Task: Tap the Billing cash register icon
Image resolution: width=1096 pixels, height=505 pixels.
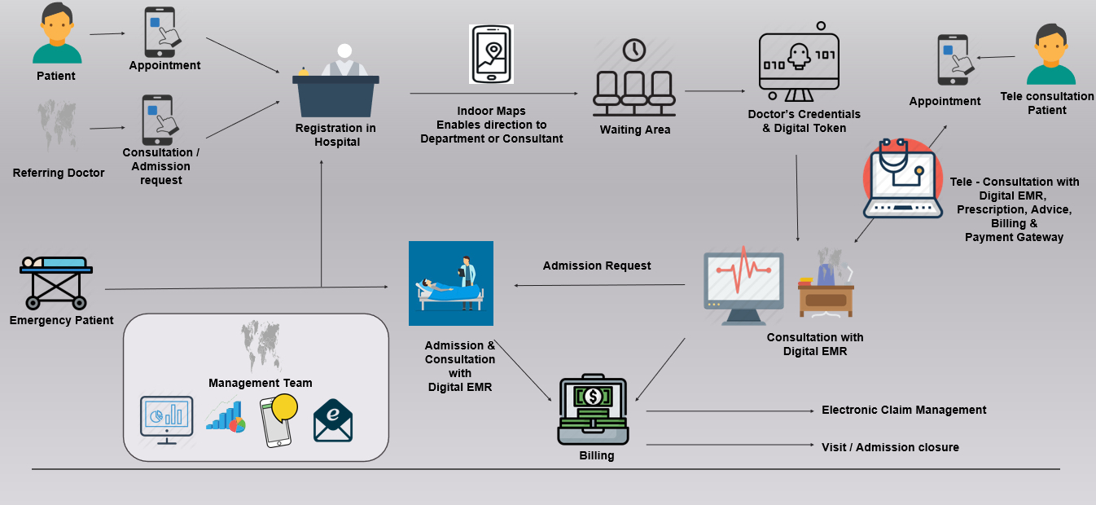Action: tap(593, 411)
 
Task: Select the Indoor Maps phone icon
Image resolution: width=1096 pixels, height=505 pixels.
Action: tap(491, 54)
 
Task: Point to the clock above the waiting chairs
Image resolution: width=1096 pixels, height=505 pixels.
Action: tap(633, 50)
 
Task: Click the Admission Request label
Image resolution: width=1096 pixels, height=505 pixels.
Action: tap(597, 266)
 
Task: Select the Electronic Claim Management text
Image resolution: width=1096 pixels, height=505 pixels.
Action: tap(904, 410)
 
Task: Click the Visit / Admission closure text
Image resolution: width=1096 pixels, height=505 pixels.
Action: tap(890, 447)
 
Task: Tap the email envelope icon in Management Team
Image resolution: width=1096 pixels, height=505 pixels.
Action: tap(333, 419)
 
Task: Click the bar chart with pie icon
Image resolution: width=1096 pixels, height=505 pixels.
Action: tap(226, 416)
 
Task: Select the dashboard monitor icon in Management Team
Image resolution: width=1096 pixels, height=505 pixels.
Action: tap(167, 419)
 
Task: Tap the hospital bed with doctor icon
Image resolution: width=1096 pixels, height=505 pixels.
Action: tap(450, 283)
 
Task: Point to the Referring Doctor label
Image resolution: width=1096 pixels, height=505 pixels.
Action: tap(59, 173)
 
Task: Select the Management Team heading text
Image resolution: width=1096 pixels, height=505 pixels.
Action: tap(260, 383)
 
